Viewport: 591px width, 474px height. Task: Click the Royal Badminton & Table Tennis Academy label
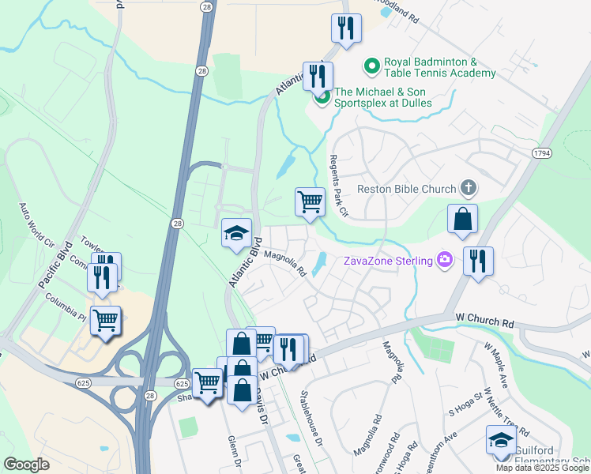pos(439,68)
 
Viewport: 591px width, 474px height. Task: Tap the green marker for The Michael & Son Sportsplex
pos(322,98)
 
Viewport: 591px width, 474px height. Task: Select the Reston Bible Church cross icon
pos(469,188)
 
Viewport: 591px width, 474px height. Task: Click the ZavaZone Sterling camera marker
pos(446,260)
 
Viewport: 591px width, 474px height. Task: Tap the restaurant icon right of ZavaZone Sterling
pos(478,261)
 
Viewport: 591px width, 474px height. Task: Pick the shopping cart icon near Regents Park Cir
pos(310,201)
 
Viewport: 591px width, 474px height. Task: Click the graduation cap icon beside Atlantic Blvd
pos(236,232)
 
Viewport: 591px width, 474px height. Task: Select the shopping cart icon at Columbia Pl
pos(105,320)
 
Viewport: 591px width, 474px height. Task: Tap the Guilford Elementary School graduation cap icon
pos(501,439)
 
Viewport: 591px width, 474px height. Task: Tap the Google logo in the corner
pos(27,465)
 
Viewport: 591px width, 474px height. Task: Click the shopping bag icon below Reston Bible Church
pos(461,219)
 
